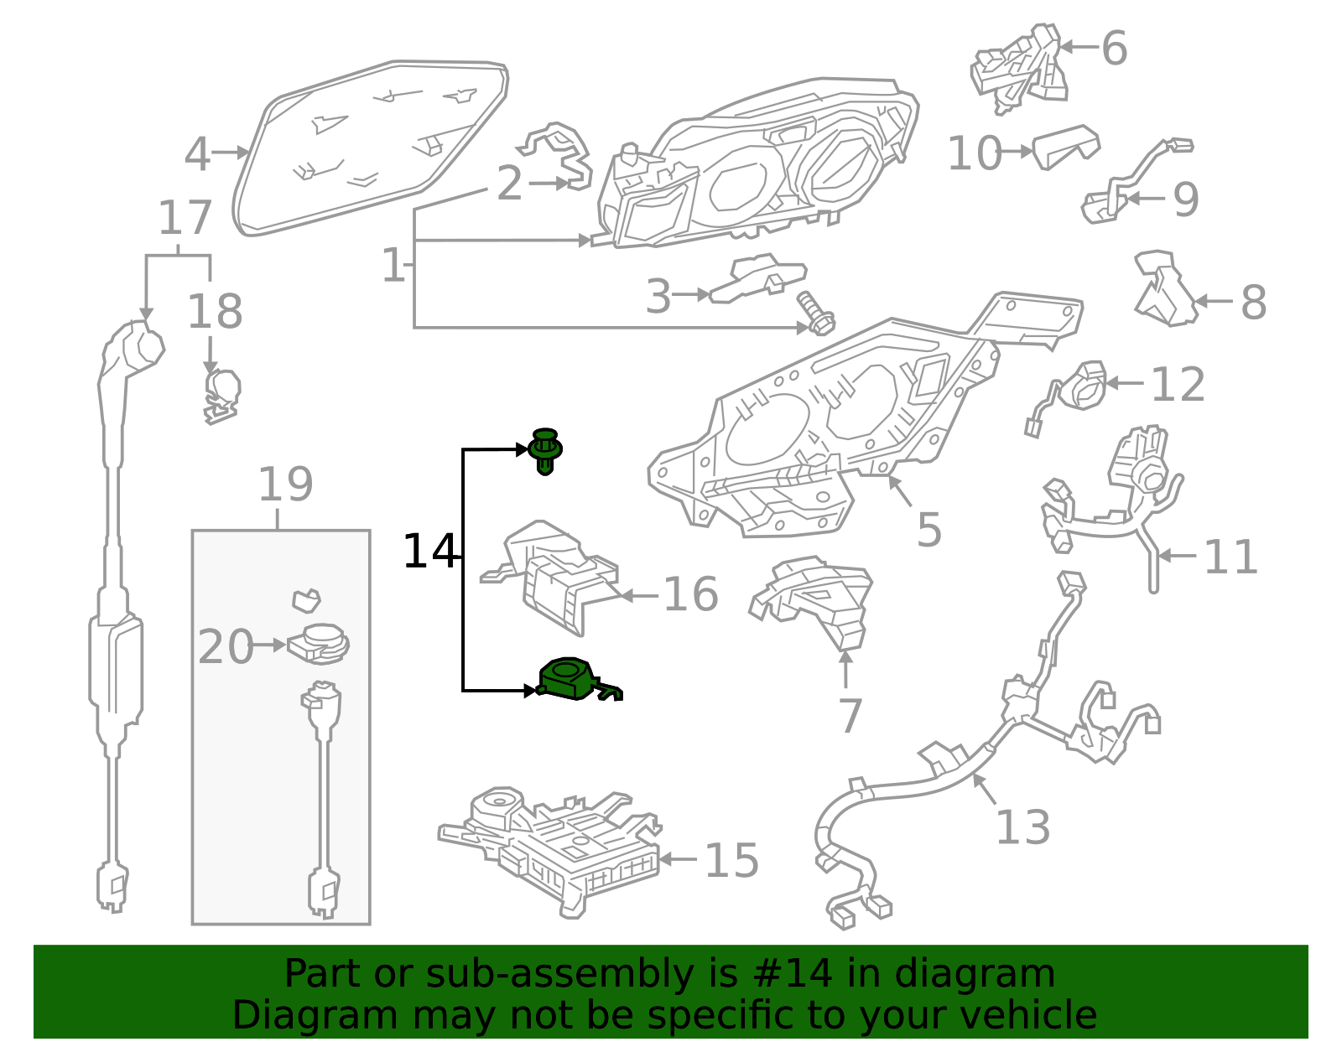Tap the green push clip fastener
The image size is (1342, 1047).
pos(544,451)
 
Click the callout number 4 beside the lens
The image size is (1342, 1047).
pos(198,154)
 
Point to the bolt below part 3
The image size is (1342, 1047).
pos(816,313)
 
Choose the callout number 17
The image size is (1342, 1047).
pos(185,218)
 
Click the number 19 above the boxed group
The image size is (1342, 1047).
pos(285,485)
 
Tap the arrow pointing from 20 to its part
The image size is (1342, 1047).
pos(269,645)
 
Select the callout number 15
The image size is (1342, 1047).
pos(731,861)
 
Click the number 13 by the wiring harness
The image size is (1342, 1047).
pos(1023,827)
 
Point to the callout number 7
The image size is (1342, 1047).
pos(850,716)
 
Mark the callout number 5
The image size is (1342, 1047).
pos(929,529)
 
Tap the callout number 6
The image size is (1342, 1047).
pos(1115,48)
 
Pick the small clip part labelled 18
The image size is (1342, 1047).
pos(221,397)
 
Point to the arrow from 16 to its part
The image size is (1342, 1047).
pos(638,596)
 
